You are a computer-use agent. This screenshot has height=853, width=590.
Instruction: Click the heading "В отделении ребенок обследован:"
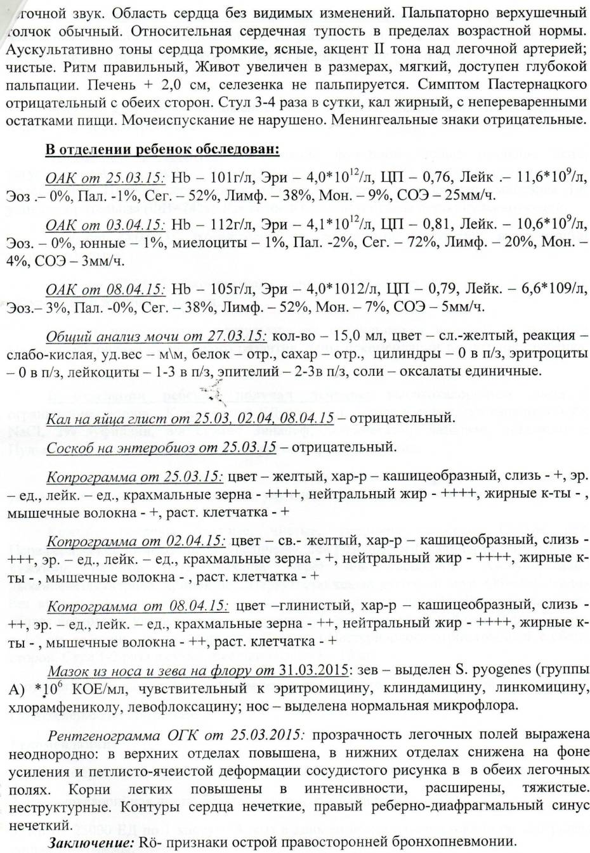(x=162, y=150)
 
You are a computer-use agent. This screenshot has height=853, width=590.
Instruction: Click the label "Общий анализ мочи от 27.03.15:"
(x=157, y=336)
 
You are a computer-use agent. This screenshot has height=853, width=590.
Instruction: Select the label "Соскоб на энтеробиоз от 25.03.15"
(x=161, y=447)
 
